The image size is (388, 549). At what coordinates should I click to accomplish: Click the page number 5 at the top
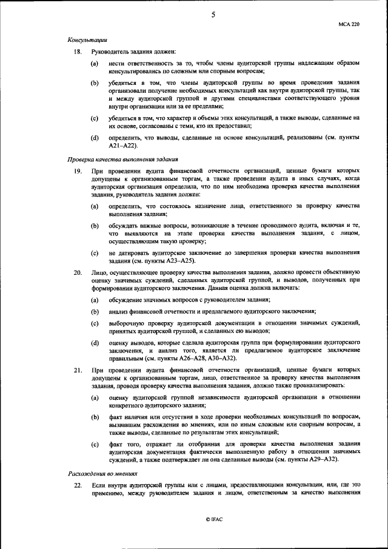(x=213, y=16)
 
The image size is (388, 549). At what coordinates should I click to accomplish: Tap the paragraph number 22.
(x=77, y=486)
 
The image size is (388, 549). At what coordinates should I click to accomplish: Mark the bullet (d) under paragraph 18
(x=95, y=138)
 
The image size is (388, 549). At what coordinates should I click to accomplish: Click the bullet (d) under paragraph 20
(x=95, y=343)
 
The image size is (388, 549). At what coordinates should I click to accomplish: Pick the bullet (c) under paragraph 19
(x=95, y=252)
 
